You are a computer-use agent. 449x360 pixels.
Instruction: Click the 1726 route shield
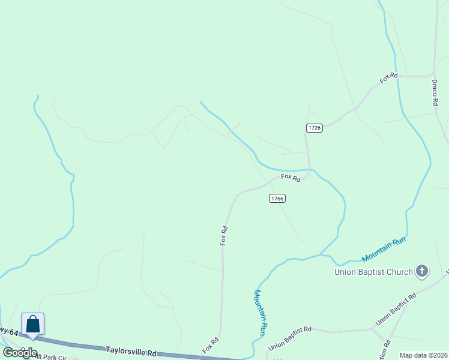[315, 128]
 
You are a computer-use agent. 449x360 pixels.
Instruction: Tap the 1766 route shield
[277, 199]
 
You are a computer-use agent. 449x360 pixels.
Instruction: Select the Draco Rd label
[435, 94]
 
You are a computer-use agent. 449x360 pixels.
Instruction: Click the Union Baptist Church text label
[373, 272]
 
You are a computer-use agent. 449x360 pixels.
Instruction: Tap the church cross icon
[422, 272]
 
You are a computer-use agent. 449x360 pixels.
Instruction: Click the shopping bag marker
[33, 325]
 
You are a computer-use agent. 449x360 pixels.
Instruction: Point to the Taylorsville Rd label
[131, 350]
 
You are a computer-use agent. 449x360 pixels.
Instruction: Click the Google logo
[20, 352]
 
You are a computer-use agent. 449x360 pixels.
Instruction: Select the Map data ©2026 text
[423, 355]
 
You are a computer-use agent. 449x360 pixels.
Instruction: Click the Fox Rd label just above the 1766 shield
[290, 178]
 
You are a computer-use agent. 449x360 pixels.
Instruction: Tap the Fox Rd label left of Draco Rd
[389, 78]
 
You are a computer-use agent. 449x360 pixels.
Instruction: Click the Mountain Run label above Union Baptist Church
[384, 250]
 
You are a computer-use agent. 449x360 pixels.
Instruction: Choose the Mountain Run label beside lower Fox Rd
[260, 312]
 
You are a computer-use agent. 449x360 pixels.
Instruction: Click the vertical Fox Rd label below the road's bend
[224, 235]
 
